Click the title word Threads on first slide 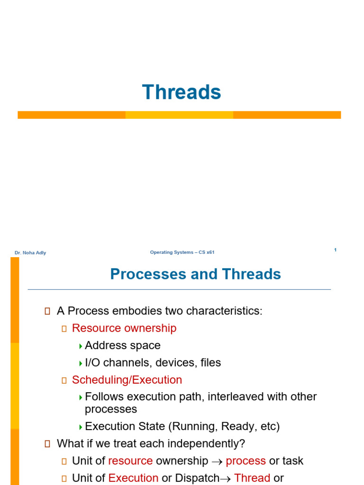182,92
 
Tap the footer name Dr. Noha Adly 30,253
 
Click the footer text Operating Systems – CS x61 182,252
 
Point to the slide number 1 335,250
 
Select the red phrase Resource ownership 124,328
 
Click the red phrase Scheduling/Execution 127,380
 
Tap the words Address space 123,346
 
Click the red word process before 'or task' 246,461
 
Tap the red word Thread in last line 252,478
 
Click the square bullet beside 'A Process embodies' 47,311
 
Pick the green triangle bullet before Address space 81,346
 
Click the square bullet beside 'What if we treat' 47,444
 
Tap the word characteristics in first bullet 223,311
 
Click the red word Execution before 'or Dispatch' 133,478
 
